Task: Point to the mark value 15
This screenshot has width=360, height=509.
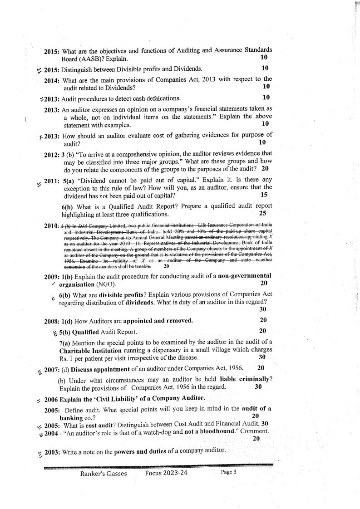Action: click(263, 195)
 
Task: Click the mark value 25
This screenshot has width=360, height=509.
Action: click(262, 213)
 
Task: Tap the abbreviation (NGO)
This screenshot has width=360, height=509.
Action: click(105, 284)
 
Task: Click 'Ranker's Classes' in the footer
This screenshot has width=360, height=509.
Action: click(104, 473)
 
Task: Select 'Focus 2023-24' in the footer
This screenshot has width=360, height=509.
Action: click(166, 473)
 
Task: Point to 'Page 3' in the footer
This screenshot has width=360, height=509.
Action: click(228, 472)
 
